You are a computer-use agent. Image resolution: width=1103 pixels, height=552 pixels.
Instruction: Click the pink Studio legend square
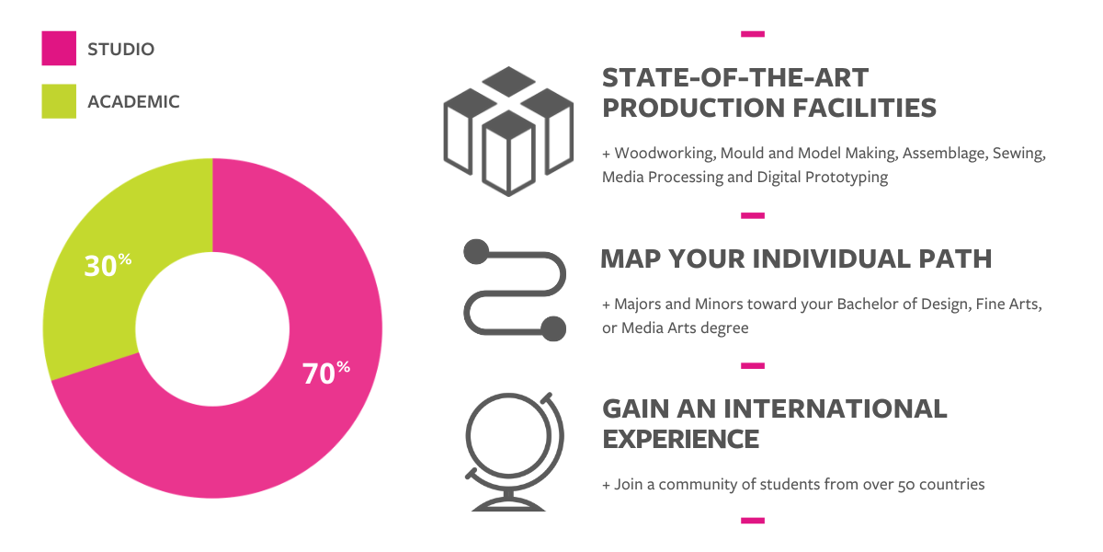pos(59,48)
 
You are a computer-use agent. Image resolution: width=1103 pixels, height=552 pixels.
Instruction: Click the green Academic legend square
pos(59,101)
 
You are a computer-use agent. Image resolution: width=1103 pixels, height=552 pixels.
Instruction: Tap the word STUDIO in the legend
pos(120,50)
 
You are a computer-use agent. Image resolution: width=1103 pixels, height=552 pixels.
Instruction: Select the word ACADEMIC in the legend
pos(133,101)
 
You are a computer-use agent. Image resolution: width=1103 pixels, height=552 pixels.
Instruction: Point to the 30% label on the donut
pos(108,265)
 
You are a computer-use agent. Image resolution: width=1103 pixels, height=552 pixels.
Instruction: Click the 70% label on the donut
pos(326,373)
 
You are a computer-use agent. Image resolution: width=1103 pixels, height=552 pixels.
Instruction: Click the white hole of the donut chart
pos(212,329)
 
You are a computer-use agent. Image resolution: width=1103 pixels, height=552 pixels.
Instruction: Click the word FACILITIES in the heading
pos(865,108)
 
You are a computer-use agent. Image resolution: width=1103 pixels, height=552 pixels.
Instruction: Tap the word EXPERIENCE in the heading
pos(680,439)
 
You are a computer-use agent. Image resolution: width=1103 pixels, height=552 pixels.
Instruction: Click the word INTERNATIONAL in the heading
pos(836,409)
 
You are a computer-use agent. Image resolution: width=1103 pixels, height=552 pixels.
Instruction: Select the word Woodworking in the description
pos(665,154)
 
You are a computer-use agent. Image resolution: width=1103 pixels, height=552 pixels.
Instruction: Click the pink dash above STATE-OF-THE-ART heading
pos(753,34)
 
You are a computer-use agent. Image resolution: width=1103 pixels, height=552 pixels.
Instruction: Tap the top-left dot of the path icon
pos(476,252)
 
